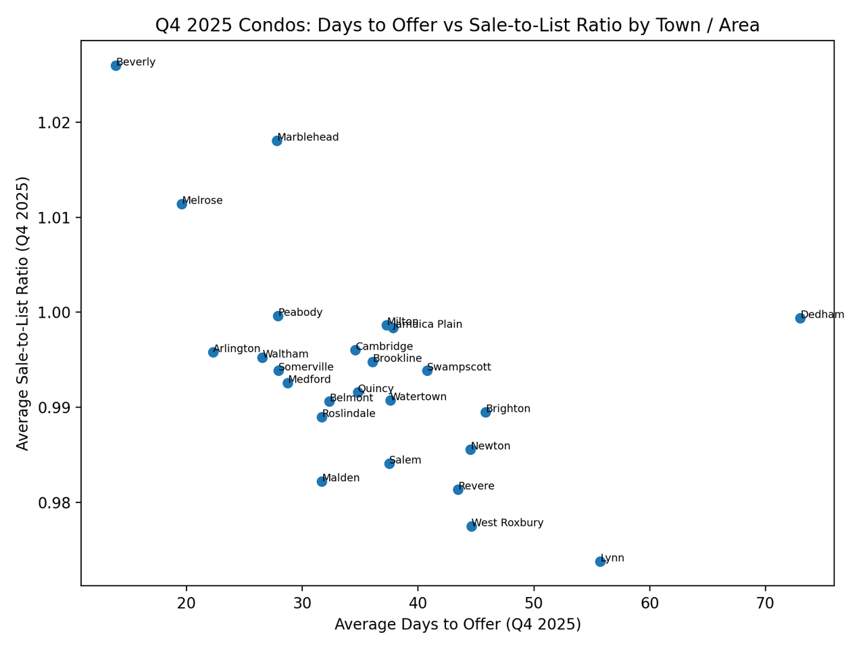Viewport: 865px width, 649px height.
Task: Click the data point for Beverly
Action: point(116,66)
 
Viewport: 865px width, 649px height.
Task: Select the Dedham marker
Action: point(800,318)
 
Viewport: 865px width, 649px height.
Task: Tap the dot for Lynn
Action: point(600,562)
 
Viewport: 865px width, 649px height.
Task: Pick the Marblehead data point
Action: point(277,141)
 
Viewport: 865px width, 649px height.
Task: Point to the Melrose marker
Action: point(182,204)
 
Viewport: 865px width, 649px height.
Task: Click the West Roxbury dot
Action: point(472,527)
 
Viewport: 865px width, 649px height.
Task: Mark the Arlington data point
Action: point(214,352)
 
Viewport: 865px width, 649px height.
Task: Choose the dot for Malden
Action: point(322,481)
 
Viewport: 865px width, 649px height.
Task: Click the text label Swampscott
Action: point(459,367)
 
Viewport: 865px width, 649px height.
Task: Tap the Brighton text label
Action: point(508,409)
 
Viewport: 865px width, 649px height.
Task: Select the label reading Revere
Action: point(476,486)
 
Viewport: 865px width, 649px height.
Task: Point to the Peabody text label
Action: point(301,312)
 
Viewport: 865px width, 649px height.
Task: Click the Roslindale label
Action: point(349,413)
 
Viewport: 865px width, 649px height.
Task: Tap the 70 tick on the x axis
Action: point(765,602)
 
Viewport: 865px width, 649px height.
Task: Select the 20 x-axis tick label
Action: point(187,602)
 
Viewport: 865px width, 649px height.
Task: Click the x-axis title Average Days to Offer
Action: point(458,624)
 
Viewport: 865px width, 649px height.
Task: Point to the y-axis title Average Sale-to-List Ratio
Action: point(23,313)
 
